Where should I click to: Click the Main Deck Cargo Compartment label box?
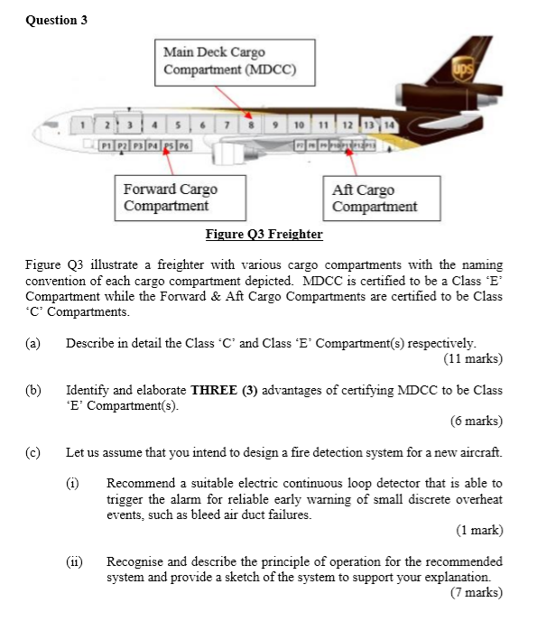click(227, 61)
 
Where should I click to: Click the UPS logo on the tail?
click(463, 68)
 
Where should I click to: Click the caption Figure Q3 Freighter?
click(264, 234)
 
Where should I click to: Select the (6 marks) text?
click(476, 421)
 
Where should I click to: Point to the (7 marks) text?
click(476, 592)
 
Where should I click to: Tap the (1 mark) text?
click(479, 530)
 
